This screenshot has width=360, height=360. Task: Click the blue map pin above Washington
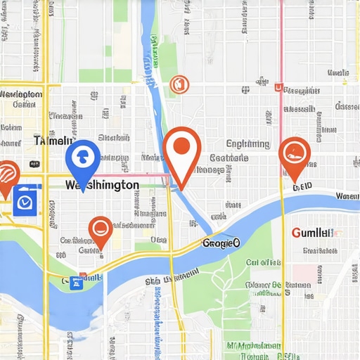pos(82,157)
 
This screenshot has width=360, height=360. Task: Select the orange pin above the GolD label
pos(295,155)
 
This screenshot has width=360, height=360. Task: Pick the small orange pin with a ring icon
pos(101,230)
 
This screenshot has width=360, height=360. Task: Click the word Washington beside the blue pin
pos(101,185)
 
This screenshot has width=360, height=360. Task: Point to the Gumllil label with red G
pos(311,233)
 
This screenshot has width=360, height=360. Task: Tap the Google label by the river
pos(221,243)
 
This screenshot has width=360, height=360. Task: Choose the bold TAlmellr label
pos(53,141)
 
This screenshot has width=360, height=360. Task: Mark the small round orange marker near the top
pos(179,84)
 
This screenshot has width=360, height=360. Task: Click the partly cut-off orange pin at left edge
pos(6,176)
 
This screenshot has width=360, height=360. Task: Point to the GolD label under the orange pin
pos(302,187)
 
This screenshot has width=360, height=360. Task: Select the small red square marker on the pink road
pos(278,89)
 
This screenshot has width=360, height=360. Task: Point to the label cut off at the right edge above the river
pos(347,196)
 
